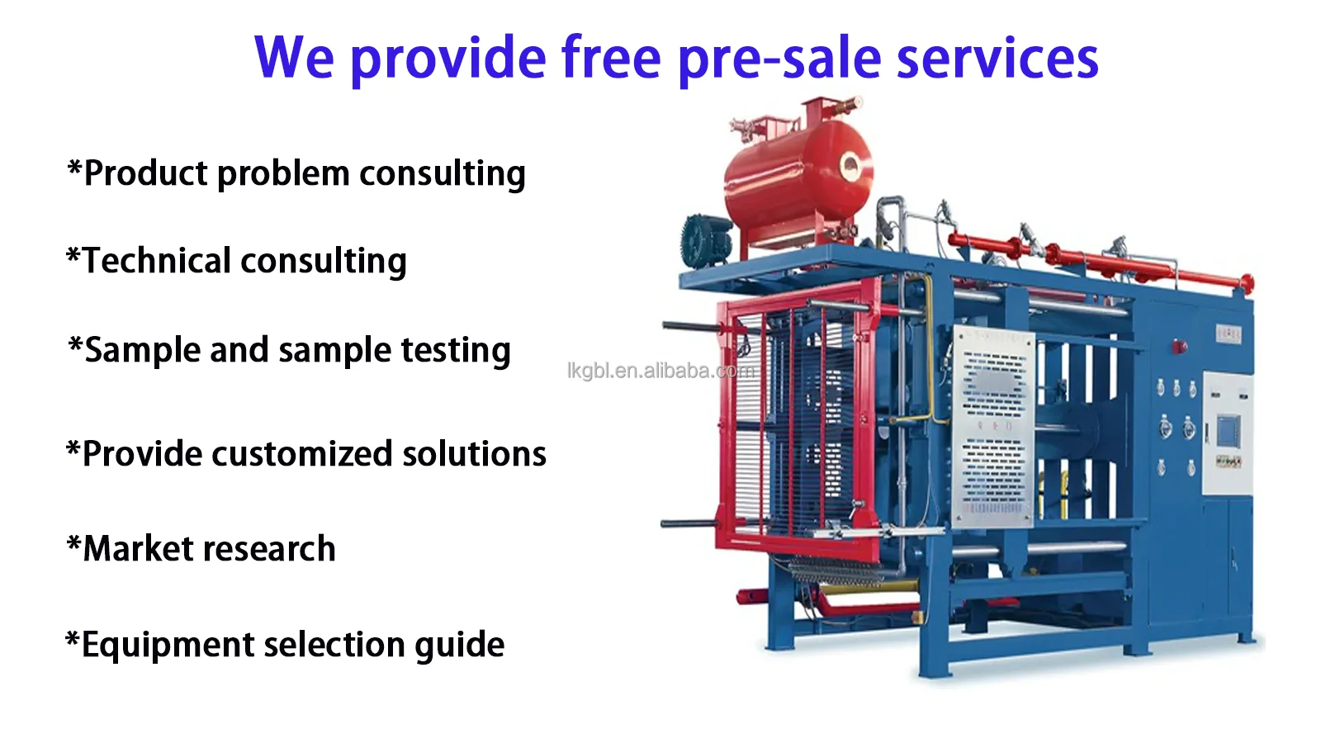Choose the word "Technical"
[x=157, y=261]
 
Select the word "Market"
[x=140, y=549]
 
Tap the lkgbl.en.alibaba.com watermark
[x=660, y=371]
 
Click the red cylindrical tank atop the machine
[x=797, y=177]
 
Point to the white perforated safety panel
[x=992, y=425]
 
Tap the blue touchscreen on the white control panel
[x=1228, y=430]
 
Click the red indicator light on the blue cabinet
[x=1180, y=347]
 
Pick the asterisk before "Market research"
[x=73, y=545]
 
